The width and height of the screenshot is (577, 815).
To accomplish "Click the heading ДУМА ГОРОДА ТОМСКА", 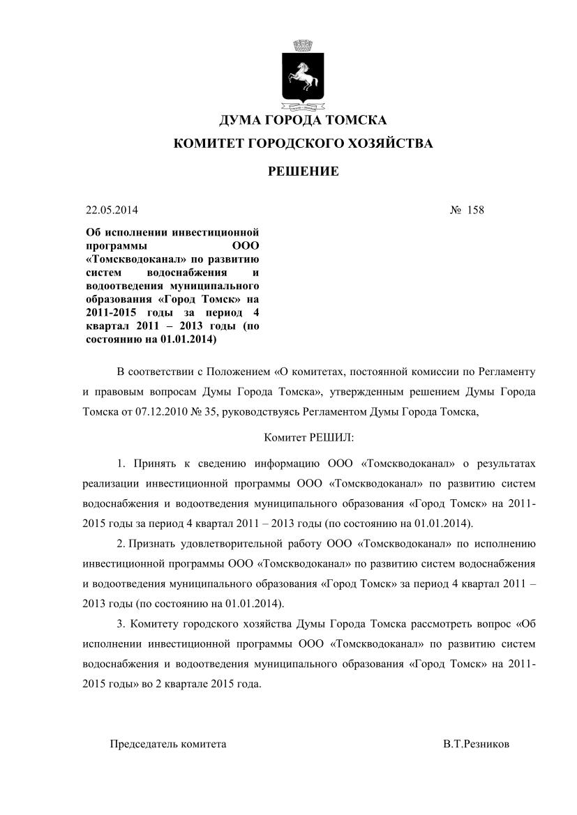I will coord(302,121).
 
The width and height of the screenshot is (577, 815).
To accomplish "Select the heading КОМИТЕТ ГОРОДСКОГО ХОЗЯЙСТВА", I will coord(303,144).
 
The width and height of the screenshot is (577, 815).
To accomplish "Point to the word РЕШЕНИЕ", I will coord(304,172).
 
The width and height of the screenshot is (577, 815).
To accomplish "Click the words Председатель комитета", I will coord(168,744).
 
